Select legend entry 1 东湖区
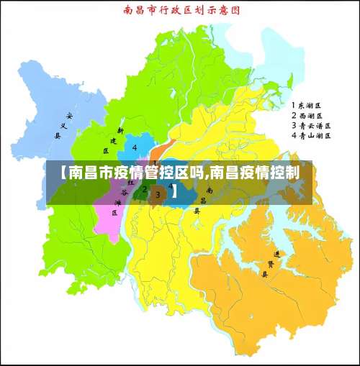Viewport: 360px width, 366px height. point(307,105)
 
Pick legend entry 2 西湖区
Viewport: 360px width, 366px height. point(307,115)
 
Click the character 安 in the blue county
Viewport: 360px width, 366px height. point(69,115)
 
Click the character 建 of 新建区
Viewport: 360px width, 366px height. point(113,141)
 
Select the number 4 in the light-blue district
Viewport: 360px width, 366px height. point(135,148)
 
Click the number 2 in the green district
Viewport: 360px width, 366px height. point(145,191)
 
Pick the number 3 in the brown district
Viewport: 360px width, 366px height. point(158,195)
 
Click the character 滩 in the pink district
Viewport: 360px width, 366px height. point(117,203)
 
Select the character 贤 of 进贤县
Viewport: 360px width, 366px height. point(271,264)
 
